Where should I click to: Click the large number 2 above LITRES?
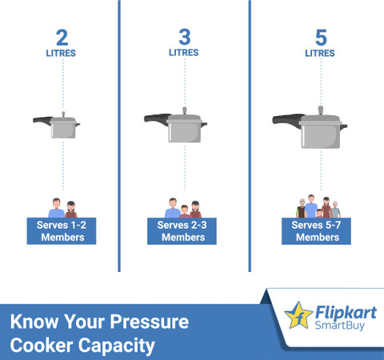pos(62,38)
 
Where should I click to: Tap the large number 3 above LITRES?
pos(185,37)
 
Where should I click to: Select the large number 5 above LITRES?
pos(321,38)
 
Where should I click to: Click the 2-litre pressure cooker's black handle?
pos(42,120)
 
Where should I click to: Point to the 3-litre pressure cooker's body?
pos(185,132)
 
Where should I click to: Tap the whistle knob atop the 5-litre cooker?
pos(321,110)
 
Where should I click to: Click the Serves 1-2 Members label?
pos(62,231)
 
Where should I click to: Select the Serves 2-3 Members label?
pos(182,231)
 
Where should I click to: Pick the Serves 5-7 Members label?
pos(316,231)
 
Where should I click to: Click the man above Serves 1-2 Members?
pos(56,208)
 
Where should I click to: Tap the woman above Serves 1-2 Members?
pos(71,210)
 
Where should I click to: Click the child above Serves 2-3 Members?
pos(185,212)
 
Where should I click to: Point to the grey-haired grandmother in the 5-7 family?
pos(335,210)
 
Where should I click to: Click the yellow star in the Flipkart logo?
pos(298,315)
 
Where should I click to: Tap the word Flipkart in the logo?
pos(346,313)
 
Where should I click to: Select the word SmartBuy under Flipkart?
pos(339,326)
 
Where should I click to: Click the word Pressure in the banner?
pos(150,322)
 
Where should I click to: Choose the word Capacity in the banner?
pos(117,346)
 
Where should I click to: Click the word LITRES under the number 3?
pos(184,53)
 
